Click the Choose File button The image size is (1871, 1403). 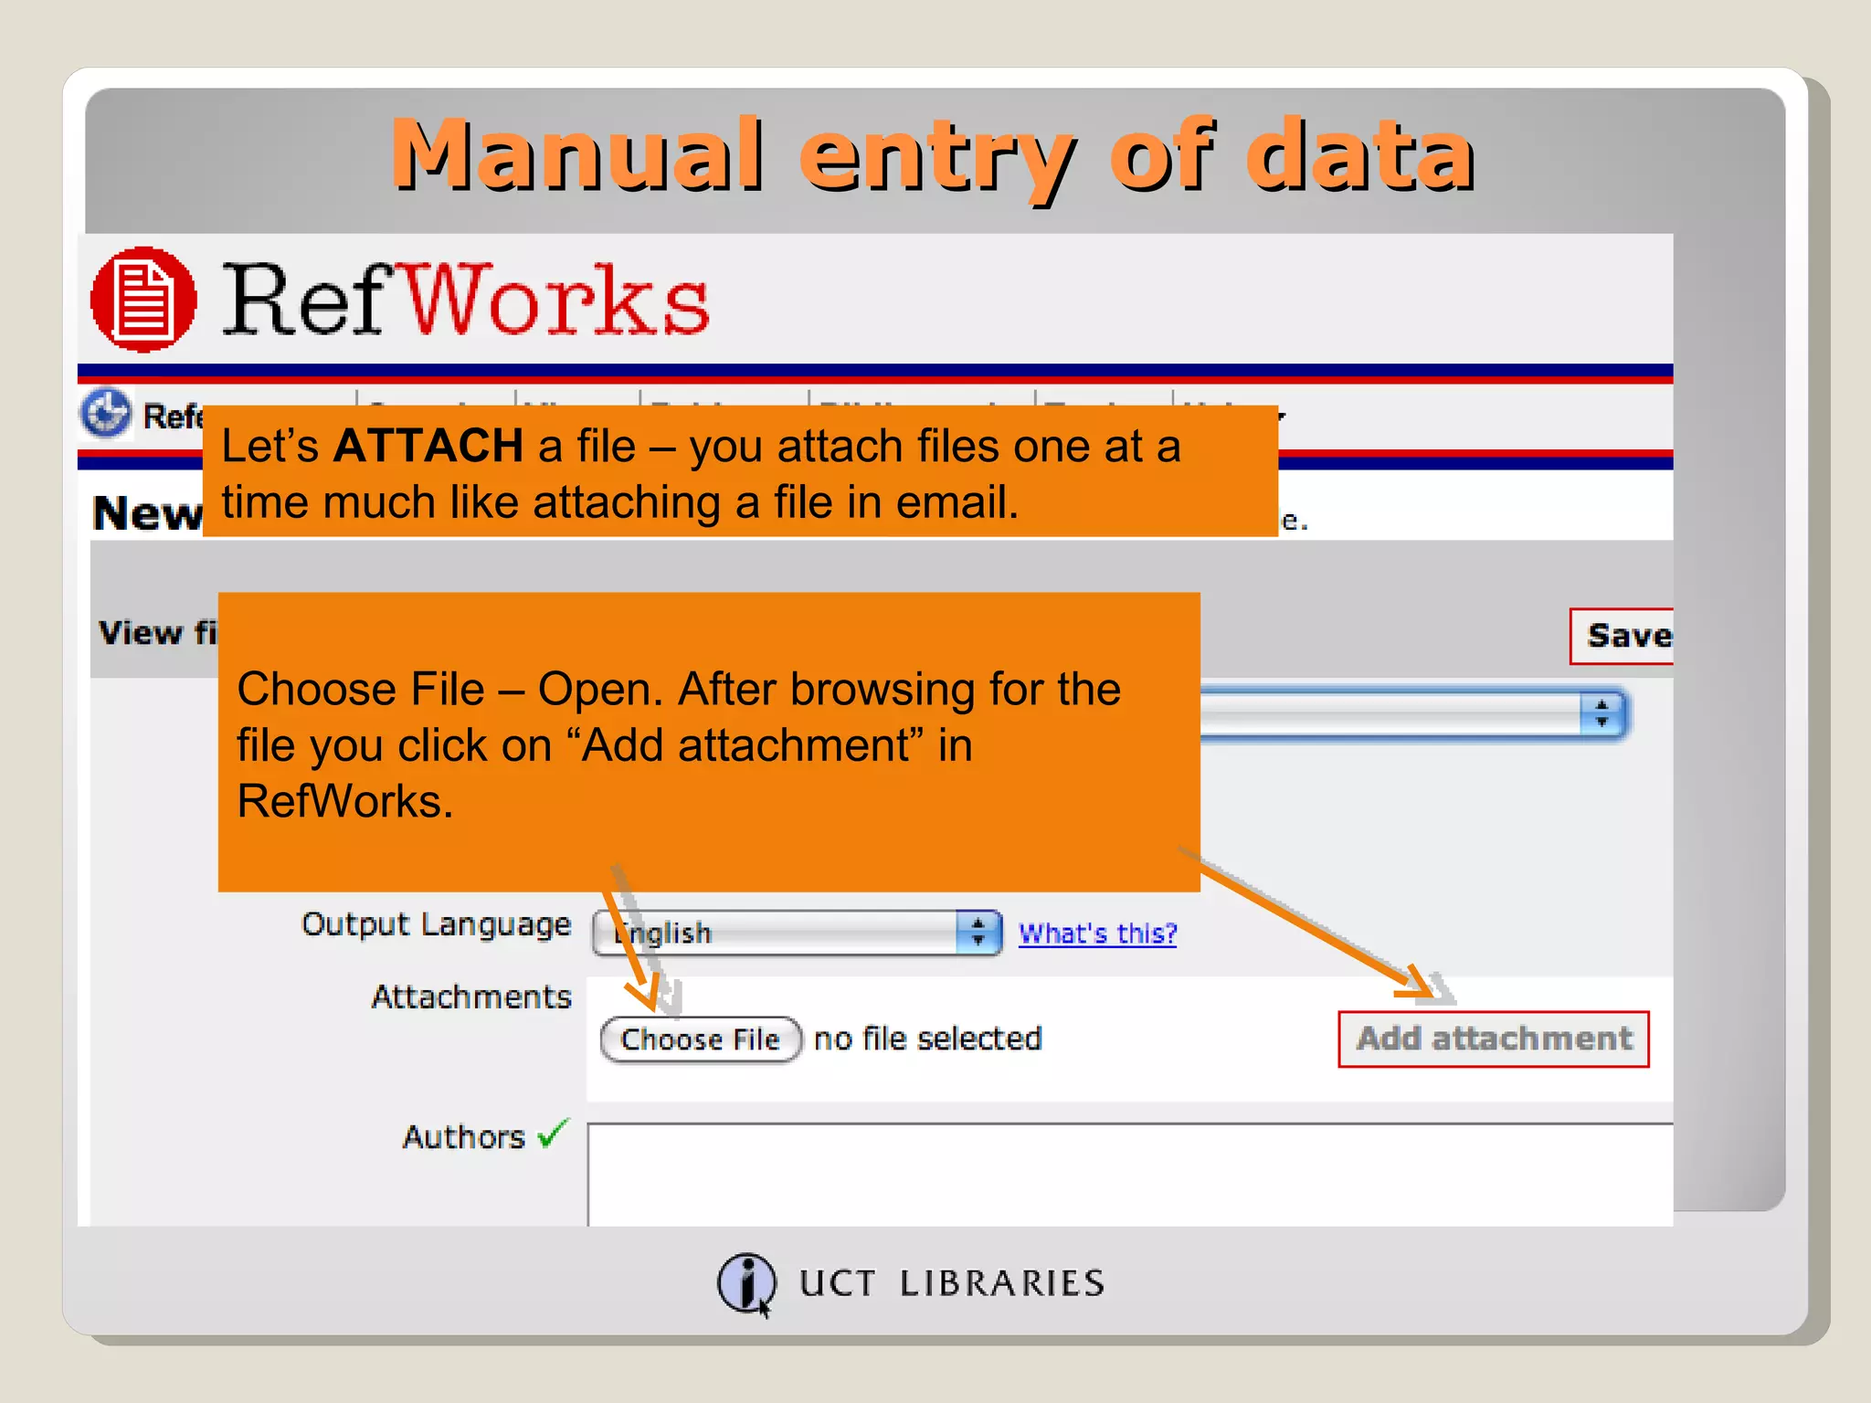(701, 1039)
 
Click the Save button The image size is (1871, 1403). (1625, 636)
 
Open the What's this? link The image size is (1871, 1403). (1097, 934)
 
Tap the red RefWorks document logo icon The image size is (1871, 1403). (143, 300)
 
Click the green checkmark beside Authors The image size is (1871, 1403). (554, 1134)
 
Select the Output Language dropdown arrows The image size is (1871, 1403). (978, 933)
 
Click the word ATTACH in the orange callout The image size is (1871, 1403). (428, 447)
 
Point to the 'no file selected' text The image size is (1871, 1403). (927, 1039)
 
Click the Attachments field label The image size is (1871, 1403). (471, 997)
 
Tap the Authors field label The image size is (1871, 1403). (464, 1137)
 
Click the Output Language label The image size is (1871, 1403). (437, 924)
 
